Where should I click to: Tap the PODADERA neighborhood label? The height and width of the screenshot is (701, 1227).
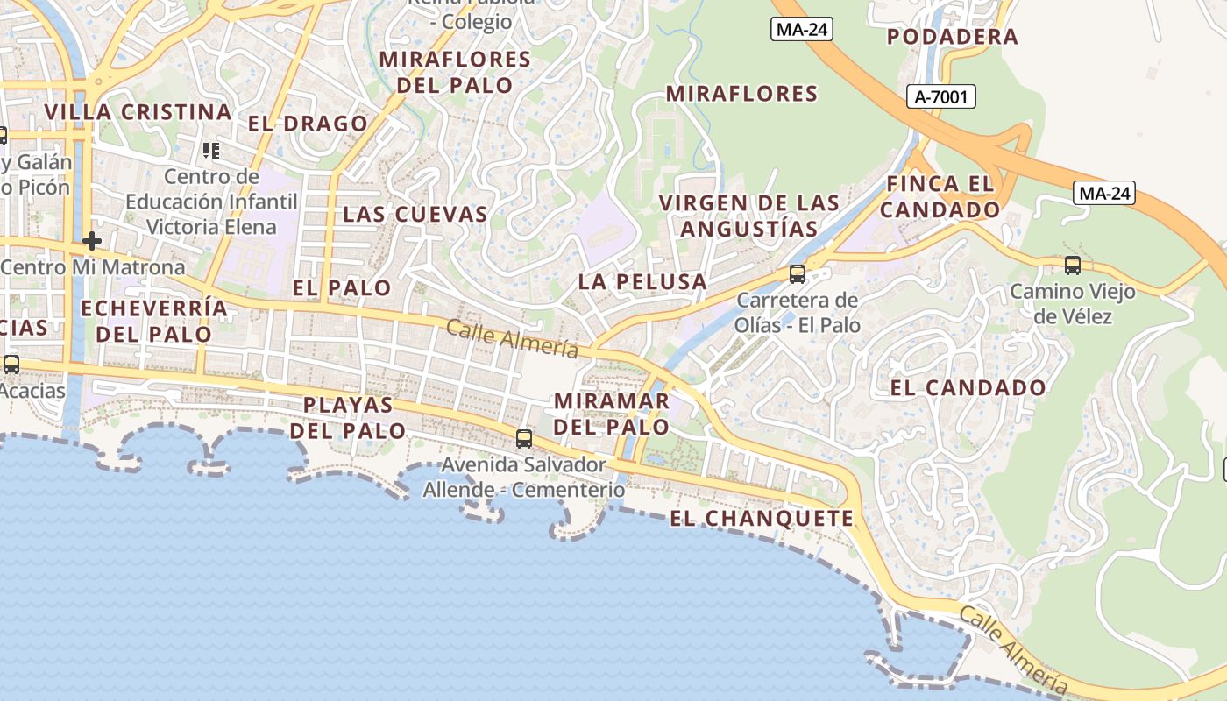pos(952,37)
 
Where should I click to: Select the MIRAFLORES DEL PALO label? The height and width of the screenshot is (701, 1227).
pos(455,72)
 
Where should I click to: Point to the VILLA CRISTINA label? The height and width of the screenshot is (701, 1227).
pos(138,112)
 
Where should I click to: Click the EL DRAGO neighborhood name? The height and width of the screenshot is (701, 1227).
pos(308,124)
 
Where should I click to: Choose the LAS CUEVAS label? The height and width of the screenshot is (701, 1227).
pos(415,214)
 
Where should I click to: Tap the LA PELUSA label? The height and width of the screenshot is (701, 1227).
pos(642,281)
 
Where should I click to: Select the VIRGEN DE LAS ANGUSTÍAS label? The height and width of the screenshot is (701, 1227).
pos(748,216)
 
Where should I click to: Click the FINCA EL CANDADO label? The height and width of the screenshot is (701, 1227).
pos(940,196)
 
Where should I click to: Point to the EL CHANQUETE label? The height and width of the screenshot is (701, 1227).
pos(762,519)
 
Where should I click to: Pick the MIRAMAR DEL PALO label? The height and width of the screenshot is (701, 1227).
pos(612,414)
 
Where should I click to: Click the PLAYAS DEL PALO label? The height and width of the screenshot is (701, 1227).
pos(348,417)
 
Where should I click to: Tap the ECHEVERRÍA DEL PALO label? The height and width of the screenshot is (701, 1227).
pos(154,321)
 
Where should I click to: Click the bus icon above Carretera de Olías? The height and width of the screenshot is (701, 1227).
pos(798,274)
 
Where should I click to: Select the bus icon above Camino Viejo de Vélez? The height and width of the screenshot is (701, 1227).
pos(1072,265)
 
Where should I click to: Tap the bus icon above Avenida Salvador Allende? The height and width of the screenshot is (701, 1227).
pos(524,439)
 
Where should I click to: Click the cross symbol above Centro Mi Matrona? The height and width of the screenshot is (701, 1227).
pos(92,240)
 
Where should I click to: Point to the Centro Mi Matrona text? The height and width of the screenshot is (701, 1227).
pos(93,267)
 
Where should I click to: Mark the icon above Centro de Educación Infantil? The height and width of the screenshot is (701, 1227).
pos(210,151)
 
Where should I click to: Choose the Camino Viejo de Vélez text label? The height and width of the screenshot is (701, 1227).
pos(1072,303)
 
